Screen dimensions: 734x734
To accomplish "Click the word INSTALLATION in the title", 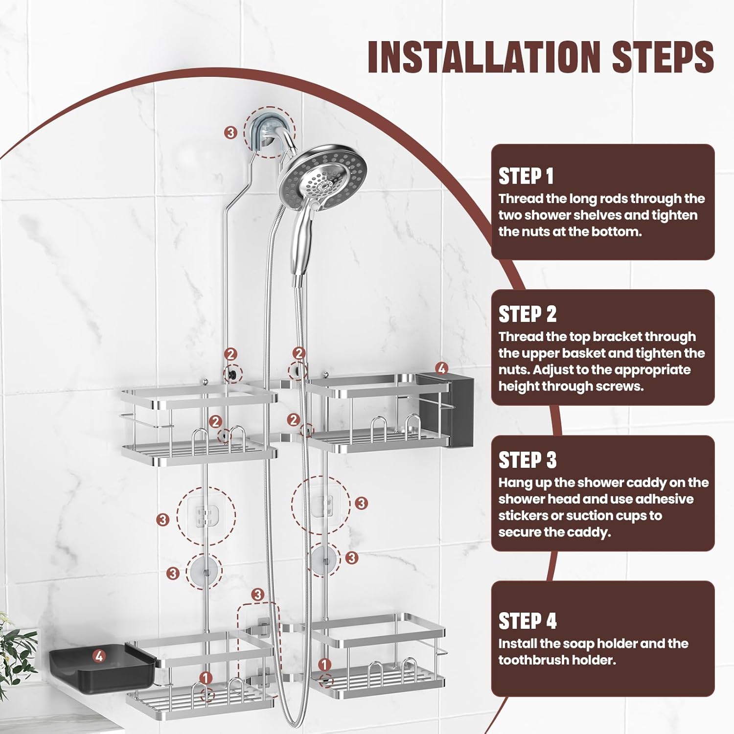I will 483,57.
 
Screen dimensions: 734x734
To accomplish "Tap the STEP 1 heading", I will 526,176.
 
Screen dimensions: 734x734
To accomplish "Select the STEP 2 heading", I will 527,314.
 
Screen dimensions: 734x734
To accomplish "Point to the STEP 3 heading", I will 527,460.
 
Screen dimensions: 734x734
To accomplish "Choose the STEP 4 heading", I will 527,621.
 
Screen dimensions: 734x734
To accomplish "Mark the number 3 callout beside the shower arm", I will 230,132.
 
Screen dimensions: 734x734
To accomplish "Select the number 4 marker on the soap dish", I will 99,656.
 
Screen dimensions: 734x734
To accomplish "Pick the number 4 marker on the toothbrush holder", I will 441,368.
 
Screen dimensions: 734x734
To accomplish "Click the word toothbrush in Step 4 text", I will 530,660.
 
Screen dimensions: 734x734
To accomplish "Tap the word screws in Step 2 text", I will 618,386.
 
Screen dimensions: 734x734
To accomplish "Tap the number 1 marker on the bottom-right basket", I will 324,665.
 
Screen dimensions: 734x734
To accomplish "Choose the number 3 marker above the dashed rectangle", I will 258,595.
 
